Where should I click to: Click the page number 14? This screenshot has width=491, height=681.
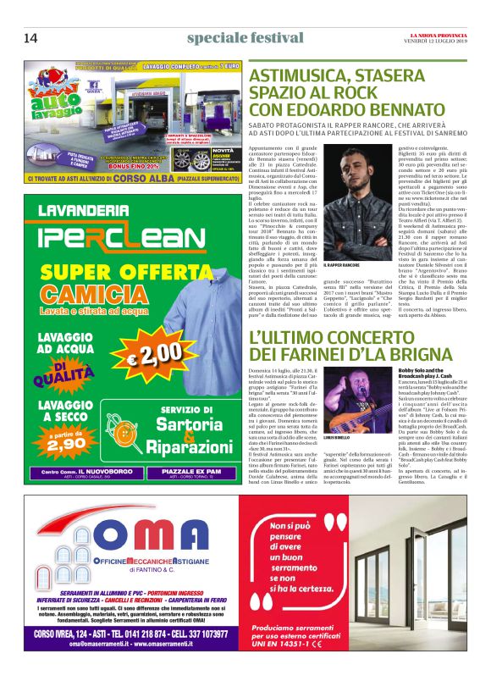[30, 37]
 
